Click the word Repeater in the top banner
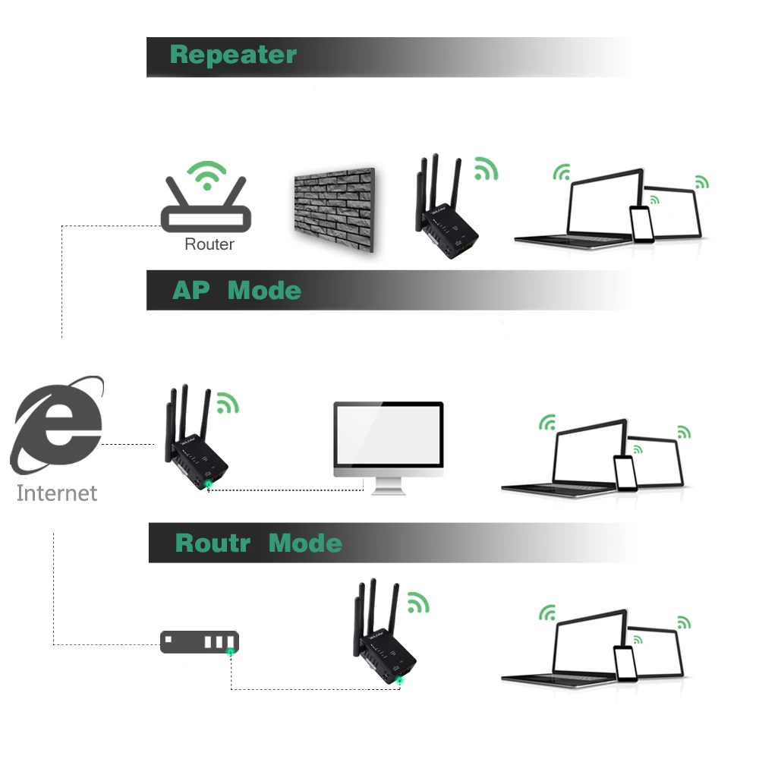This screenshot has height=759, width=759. (233, 55)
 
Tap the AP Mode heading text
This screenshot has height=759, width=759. (236, 291)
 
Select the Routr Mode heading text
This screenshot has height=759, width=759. (258, 543)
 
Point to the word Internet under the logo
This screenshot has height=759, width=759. (57, 493)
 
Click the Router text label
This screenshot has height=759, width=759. (209, 244)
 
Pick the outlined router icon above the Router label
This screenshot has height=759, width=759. (206, 208)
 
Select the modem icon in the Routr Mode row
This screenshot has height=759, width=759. (199, 641)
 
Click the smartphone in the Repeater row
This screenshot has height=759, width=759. (641, 224)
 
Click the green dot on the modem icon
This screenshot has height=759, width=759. (230, 652)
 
